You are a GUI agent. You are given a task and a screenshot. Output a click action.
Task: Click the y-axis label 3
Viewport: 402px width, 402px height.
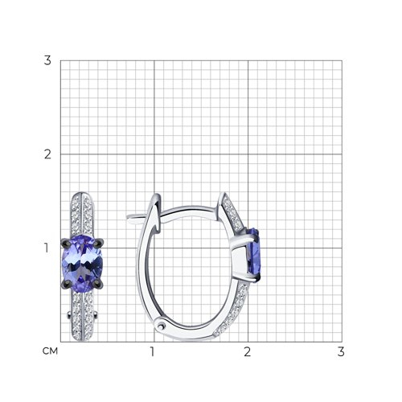(47, 60)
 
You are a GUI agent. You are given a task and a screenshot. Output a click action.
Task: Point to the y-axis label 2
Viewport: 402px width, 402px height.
(47, 154)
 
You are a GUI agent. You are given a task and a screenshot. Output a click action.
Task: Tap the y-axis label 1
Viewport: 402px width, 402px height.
(47, 248)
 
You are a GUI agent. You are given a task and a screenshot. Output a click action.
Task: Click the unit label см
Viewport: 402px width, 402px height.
(50, 351)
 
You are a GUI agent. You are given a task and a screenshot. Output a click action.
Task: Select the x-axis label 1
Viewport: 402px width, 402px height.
(153, 351)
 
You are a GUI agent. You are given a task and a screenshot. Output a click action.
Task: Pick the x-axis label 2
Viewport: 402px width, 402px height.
(247, 351)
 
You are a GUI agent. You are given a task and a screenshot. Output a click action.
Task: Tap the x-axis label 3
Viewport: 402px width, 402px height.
(341, 351)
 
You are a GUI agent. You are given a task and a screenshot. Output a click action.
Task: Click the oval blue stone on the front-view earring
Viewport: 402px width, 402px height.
(82, 264)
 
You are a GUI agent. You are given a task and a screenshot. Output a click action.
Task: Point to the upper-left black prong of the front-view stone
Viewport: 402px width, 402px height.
(67, 242)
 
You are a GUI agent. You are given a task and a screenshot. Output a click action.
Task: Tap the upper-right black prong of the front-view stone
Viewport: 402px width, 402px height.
(99, 242)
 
